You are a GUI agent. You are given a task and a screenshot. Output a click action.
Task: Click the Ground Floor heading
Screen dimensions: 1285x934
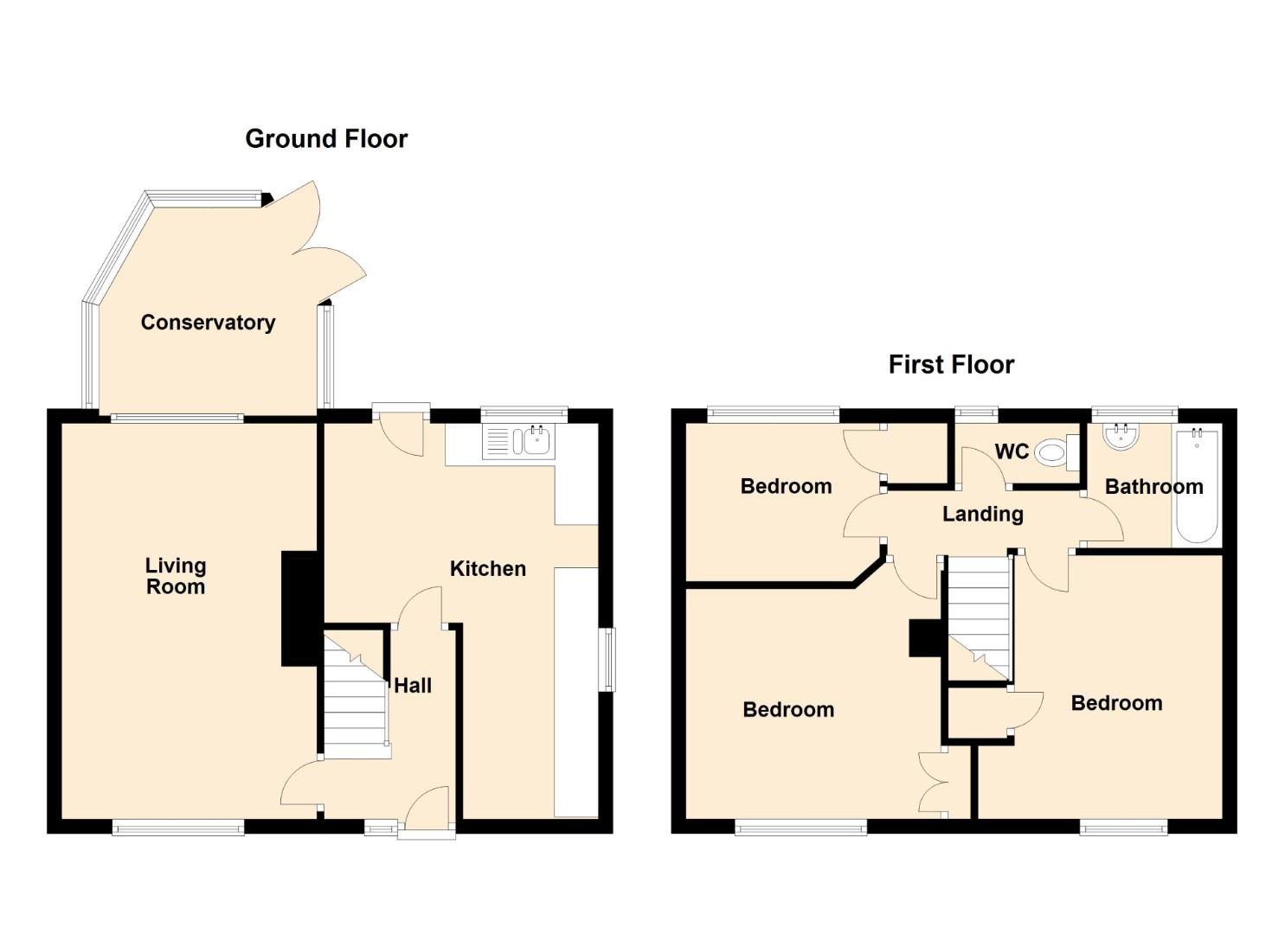tap(326, 138)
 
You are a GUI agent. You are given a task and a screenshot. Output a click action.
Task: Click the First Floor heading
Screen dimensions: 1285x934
tap(951, 365)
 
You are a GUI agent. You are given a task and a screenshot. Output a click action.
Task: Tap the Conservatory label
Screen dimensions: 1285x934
tap(208, 323)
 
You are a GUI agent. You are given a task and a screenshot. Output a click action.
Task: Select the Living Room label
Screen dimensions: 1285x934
tap(175, 576)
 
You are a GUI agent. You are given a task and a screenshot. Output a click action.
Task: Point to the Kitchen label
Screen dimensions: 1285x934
tap(488, 568)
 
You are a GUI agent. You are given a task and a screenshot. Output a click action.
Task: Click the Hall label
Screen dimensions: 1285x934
tap(413, 685)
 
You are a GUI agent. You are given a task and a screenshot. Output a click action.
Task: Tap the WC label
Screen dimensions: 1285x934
tap(1012, 451)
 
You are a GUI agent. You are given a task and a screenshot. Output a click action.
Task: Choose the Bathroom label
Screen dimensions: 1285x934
tap(1153, 486)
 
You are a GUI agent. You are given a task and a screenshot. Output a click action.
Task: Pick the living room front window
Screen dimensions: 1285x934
tap(178, 827)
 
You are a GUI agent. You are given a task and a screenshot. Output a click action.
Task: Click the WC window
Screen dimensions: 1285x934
tap(976, 411)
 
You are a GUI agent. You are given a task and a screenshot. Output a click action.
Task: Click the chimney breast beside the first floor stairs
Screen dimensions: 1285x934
tap(925, 637)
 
